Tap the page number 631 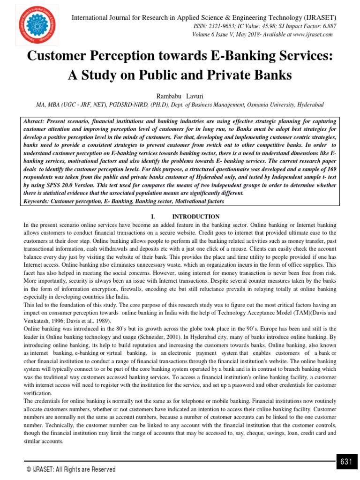346,462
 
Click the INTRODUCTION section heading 196,217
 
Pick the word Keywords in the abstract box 37,201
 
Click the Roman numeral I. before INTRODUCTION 153,217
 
